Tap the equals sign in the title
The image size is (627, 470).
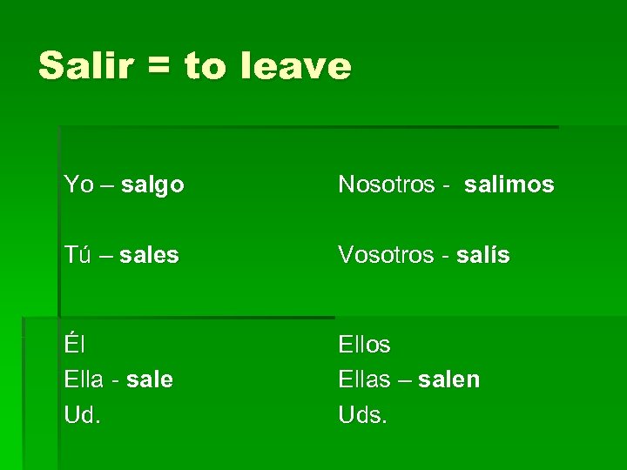tap(160, 67)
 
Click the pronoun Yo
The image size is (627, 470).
tap(78, 185)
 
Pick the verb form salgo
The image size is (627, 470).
tap(152, 185)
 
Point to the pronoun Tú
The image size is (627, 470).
tap(78, 255)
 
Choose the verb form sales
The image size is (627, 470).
tap(150, 255)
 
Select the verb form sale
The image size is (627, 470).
tap(150, 379)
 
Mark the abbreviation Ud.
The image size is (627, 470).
tap(83, 415)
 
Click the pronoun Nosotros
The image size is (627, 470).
tap(387, 185)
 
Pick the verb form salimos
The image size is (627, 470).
tap(509, 185)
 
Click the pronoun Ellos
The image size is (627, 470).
tap(364, 345)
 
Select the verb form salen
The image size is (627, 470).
tap(448, 379)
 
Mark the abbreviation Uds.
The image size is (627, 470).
tap(361, 415)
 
